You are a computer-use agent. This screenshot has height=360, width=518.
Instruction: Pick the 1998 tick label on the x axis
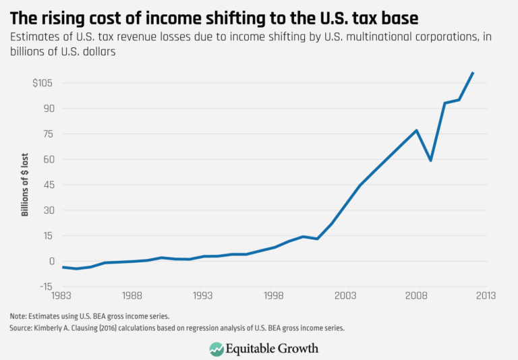274,296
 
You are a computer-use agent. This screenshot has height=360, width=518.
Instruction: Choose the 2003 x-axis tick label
345,296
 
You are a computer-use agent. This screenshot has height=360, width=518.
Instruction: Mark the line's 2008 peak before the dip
416,130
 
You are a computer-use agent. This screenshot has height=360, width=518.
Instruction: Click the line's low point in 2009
430,160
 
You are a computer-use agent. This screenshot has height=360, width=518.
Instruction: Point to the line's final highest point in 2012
473,73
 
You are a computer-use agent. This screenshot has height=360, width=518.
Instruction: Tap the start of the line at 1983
62,267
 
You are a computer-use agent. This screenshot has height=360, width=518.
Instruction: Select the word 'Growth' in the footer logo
295,349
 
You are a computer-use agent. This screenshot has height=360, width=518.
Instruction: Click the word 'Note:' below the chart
19,316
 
